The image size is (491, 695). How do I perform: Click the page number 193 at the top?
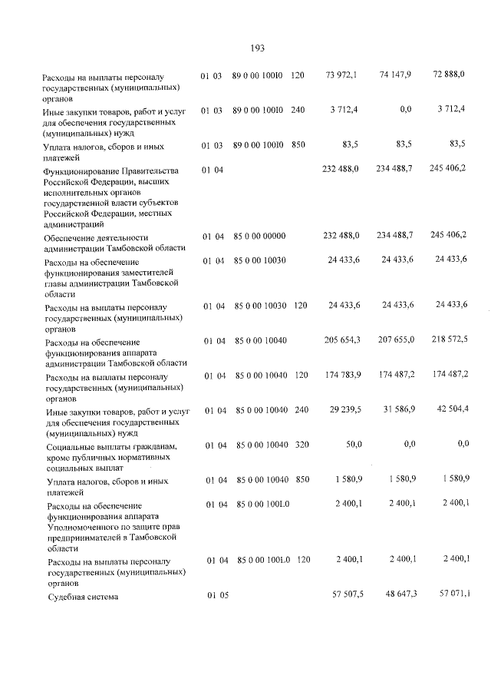(x=258, y=48)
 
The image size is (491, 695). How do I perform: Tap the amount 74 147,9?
(x=395, y=74)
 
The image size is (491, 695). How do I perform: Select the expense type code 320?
(x=302, y=445)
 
